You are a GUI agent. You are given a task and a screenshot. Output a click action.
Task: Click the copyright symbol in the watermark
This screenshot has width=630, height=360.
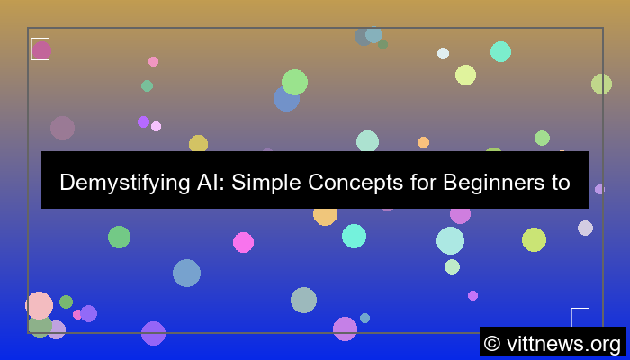(x=491, y=343)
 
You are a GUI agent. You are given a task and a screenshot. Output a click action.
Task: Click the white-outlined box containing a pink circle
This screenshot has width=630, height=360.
(x=40, y=49)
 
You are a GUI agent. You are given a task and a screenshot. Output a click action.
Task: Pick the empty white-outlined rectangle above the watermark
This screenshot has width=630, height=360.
(x=580, y=318)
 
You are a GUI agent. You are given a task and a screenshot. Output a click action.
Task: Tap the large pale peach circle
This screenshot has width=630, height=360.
(x=39, y=305)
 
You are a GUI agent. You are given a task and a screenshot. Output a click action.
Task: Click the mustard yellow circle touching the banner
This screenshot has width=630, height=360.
(x=198, y=144)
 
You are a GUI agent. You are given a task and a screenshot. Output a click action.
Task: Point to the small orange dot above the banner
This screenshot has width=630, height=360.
(x=423, y=142)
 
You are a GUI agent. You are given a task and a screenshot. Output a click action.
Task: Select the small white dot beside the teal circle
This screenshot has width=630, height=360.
(x=443, y=53)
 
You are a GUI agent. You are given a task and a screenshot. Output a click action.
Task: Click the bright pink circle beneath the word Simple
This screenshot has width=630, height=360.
(x=243, y=242)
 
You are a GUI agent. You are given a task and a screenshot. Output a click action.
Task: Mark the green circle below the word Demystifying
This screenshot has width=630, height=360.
(x=119, y=237)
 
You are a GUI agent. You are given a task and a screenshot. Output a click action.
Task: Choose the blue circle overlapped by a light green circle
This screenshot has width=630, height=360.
(x=285, y=99)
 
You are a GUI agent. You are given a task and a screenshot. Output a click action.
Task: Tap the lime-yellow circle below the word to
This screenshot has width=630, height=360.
(x=534, y=239)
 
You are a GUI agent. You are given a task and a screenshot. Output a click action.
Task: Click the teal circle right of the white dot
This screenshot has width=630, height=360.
(x=500, y=51)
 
